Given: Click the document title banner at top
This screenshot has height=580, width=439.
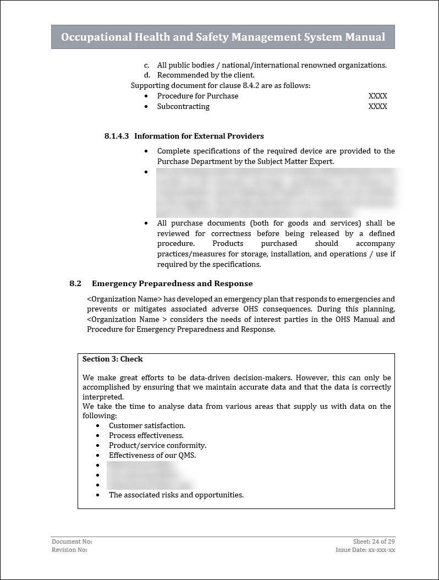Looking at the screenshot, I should point(223,37).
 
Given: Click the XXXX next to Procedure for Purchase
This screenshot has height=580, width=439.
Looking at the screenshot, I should point(377,96).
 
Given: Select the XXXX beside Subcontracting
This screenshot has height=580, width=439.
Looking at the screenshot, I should point(377,106).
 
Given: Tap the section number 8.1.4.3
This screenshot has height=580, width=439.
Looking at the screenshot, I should point(116,136).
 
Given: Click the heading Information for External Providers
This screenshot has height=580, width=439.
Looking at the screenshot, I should point(199,136).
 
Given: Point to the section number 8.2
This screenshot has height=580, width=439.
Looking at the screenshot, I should point(75,283).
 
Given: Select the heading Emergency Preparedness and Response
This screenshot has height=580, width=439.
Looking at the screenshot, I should point(172,283).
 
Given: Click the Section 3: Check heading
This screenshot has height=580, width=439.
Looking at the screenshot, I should point(113,359).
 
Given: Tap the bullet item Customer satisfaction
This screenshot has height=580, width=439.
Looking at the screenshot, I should point(147,425).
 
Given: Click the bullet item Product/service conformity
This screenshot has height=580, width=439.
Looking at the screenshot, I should point(157,445).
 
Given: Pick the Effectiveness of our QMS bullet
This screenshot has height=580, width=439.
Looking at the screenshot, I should point(152,455).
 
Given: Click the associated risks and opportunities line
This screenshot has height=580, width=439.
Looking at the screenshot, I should point(176,495).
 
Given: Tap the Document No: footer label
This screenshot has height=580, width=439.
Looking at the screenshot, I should point(68,541).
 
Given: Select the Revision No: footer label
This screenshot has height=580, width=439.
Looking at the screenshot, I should point(69,550).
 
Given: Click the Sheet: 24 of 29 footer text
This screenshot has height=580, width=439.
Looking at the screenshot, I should point(374,541).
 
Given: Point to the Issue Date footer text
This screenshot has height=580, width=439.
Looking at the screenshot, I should point(365,550).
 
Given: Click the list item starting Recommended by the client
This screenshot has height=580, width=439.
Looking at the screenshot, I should point(206,75).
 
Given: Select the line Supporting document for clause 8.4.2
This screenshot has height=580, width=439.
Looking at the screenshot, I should point(221,85).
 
